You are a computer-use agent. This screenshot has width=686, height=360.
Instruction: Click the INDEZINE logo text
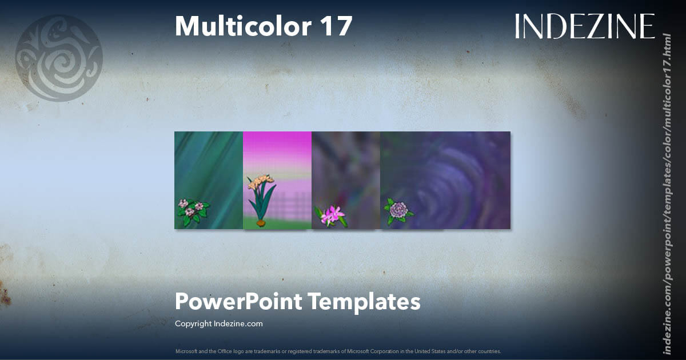[x=584, y=26]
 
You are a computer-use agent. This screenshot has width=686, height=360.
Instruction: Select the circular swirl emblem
[x=59, y=58]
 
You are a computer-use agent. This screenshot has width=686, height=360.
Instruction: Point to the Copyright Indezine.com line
[x=218, y=323]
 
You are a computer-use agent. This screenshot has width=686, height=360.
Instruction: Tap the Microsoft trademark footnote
[x=338, y=351]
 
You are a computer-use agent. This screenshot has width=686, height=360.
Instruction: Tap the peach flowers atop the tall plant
[x=260, y=181]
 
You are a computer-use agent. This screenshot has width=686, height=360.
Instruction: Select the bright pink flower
[x=331, y=215]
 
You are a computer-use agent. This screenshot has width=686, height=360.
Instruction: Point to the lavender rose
[x=398, y=210]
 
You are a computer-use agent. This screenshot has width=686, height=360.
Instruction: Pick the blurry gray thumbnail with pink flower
[x=346, y=171]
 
